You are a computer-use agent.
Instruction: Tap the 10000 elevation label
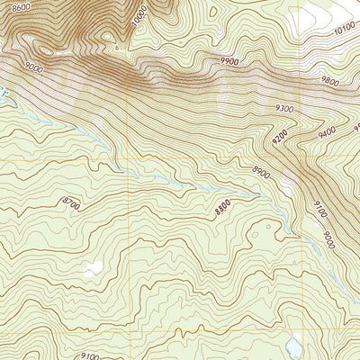click(x=138, y=16)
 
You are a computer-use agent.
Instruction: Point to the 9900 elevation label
click(x=229, y=62)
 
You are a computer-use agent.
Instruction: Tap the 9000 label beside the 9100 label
click(x=330, y=241)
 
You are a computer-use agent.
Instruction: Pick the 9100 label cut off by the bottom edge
click(x=91, y=355)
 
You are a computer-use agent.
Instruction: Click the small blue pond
click(x=294, y=344)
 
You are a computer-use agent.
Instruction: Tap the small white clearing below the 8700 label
click(x=91, y=268)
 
